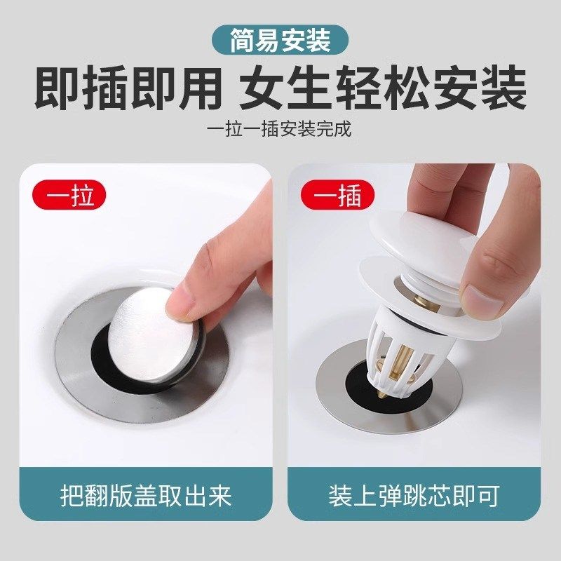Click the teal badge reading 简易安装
pos(280,41)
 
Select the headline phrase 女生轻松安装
pos(382,90)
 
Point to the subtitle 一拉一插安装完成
pos(280,130)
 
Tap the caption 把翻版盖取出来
pos(146,496)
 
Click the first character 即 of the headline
pos(57,90)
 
